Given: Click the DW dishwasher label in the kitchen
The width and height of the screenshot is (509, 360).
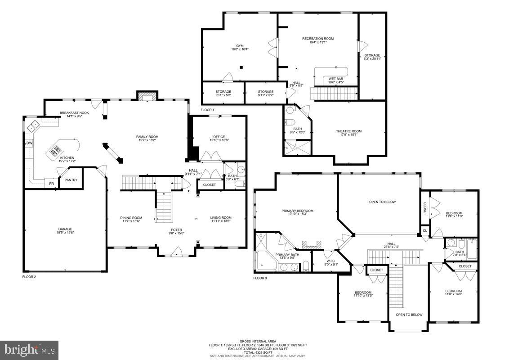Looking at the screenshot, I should (x=29, y=143).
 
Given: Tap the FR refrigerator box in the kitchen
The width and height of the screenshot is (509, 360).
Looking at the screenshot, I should (x=51, y=184).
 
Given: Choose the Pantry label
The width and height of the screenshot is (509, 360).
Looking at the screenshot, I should (x=71, y=180).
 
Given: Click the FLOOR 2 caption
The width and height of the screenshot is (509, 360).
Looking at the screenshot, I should (x=29, y=277).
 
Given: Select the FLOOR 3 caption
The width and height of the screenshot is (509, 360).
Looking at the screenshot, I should (x=260, y=278).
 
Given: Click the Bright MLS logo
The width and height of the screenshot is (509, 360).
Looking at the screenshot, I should (x=29, y=350).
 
